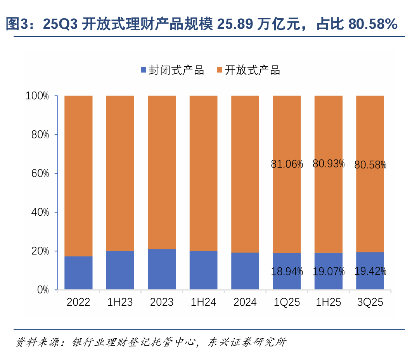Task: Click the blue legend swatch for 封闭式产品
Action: (x=144, y=70)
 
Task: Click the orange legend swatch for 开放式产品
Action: (x=220, y=70)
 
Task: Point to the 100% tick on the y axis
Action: (x=37, y=96)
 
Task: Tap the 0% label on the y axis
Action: (x=42, y=290)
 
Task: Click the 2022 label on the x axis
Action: (x=78, y=302)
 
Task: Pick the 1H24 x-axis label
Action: (x=203, y=302)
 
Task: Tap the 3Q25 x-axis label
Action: (x=370, y=302)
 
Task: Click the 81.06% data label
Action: (x=287, y=164)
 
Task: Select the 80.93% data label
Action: (x=329, y=164)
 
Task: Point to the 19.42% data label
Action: (x=370, y=271)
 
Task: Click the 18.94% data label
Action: (x=287, y=272)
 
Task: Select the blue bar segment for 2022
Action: (x=78, y=273)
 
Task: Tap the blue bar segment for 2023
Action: (x=162, y=269)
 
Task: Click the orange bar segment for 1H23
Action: (x=120, y=173)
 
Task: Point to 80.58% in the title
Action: (x=372, y=24)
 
